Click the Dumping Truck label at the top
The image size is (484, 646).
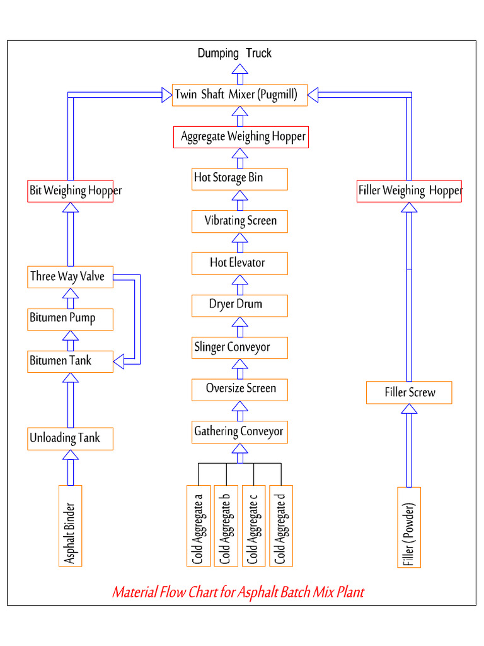pyautogui.click(x=234, y=54)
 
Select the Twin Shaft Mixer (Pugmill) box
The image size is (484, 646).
pyautogui.click(x=239, y=95)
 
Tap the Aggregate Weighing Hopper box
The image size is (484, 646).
pyautogui.click(x=241, y=137)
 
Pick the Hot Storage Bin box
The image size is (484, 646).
pyautogui.click(x=239, y=179)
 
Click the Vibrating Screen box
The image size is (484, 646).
pyautogui.click(x=239, y=221)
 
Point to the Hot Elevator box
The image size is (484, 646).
pyautogui.click(x=239, y=263)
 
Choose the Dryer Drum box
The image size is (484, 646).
pyautogui.click(x=239, y=305)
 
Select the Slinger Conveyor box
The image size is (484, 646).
pyautogui.click(x=239, y=348)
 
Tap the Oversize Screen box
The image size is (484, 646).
pyautogui.click(x=239, y=389)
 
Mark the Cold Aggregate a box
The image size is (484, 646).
pyautogui.click(x=198, y=525)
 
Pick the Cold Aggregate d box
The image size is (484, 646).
pyautogui.click(x=280, y=525)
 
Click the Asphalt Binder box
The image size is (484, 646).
pyautogui.click(x=71, y=526)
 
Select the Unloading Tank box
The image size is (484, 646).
pyautogui.click(x=71, y=438)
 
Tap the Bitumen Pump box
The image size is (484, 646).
pyautogui.click(x=71, y=319)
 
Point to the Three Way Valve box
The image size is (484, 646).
pyautogui.click(x=71, y=277)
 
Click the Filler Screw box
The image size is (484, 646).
pyautogui.click(x=409, y=393)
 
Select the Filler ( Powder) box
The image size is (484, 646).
pyautogui.click(x=409, y=527)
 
